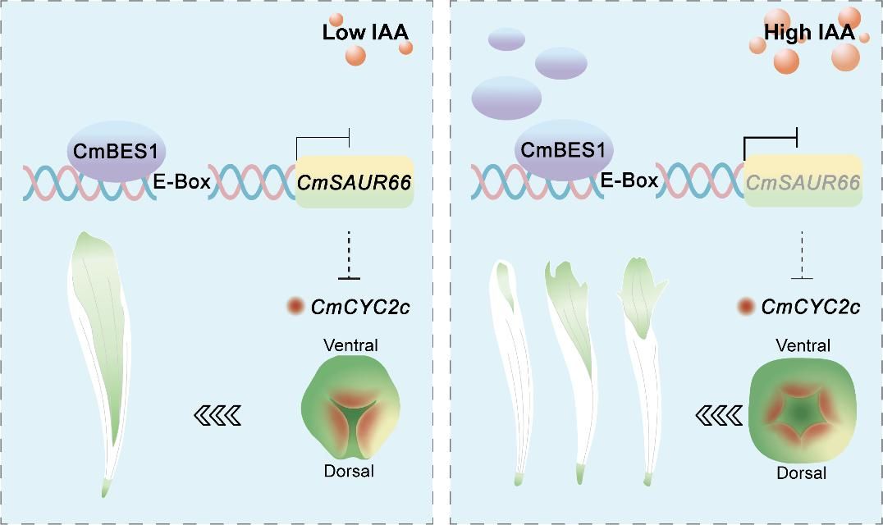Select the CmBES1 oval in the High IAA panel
click(x=562, y=152)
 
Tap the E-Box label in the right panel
click(x=630, y=180)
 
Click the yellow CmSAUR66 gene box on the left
click(x=355, y=180)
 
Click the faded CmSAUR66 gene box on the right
click(x=803, y=181)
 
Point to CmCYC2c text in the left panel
click(x=360, y=307)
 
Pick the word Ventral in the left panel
click(x=350, y=345)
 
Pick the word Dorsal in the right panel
click(x=801, y=473)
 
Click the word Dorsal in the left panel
click(x=349, y=471)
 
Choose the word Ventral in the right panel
click(x=802, y=345)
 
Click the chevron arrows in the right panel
click(x=716, y=417)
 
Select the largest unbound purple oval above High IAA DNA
click(x=506, y=97)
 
